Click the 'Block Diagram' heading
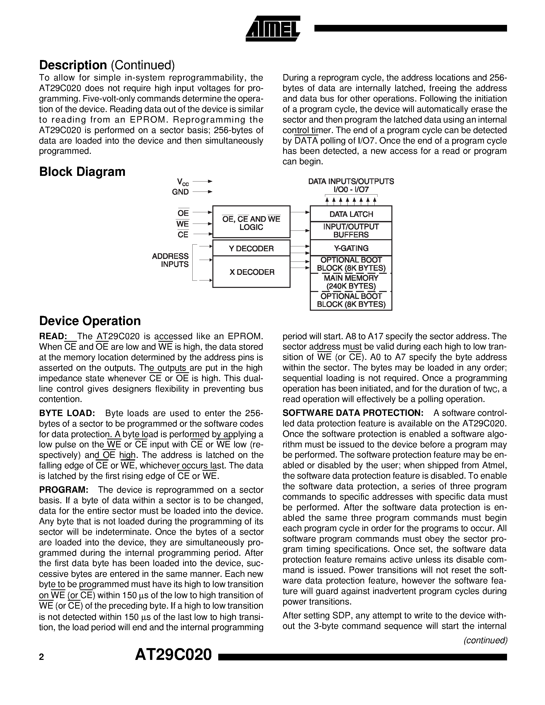[x=82, y=172]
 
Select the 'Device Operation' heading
[x=90, y=321]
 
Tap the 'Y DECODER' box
[x=251, y=248]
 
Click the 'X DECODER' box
[x=251, y=272]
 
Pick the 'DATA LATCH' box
[x=351, y=214]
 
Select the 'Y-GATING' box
[x=351, y=248]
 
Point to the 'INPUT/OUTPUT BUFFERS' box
[x=351, y=230]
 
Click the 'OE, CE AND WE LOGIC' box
[x=251, y=223]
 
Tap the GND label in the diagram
[x=180, y=192]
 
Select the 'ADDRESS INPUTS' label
[x=171, y=260]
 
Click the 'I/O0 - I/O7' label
[x=351, y=190]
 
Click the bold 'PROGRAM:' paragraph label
[x=64, y=490]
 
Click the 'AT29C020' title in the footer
[x=173, y=655]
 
